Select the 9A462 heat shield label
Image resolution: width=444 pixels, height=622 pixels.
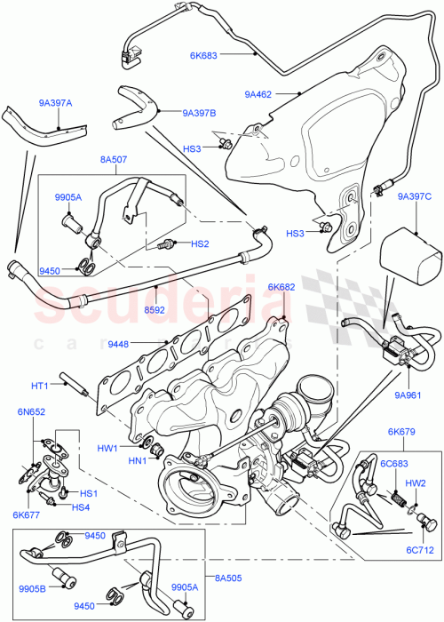[x=258, y=92]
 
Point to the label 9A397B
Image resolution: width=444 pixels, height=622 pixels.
[x=199, y=113]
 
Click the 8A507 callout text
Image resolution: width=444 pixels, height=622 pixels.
[x=116, y=161]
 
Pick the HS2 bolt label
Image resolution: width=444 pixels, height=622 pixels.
[x=200, y=243]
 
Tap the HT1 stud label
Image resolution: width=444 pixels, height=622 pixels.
[x=39, y=385]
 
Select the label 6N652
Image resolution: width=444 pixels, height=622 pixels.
[x=31, y=413]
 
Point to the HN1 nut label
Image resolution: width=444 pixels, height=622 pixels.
[x=137, y=460]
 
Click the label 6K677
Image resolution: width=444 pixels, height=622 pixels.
[x=28, y=514]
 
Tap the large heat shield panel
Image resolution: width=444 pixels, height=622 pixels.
[x=329, y=142]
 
